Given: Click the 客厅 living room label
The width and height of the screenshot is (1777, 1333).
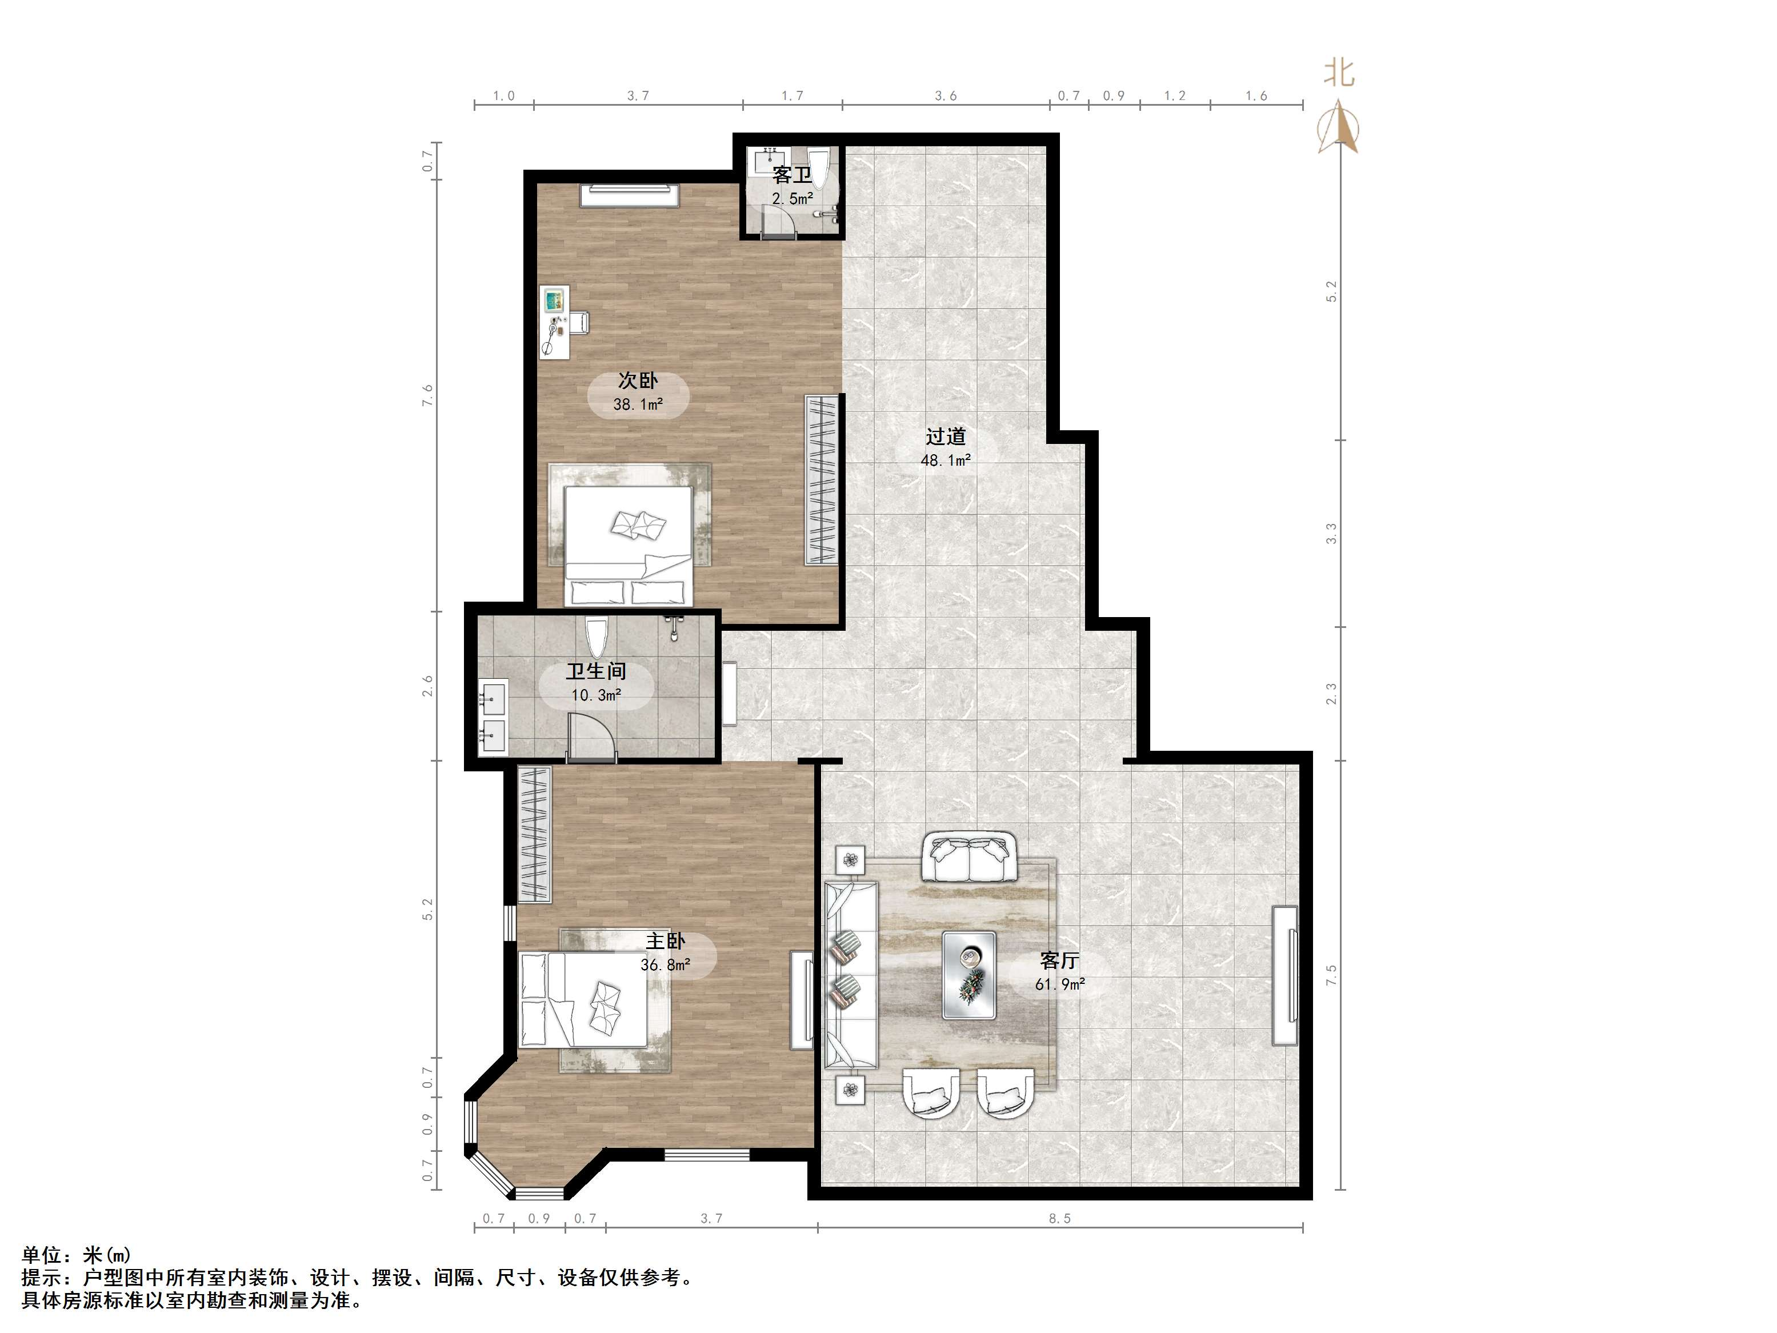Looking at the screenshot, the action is point(1059,960).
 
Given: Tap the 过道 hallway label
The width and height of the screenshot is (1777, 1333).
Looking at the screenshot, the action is point(946,437).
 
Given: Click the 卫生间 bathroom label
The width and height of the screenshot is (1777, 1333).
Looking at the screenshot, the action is point(595,671).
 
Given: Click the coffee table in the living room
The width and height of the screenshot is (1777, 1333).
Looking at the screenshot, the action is point(969,975).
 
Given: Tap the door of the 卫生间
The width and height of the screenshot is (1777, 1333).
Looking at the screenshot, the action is point(591,736).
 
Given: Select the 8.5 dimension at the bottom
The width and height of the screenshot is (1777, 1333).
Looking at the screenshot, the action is point(1059,1218).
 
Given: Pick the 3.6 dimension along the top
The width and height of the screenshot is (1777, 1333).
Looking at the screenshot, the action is point(946,95).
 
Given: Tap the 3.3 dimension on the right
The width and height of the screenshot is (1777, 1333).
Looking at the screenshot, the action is point(1331,534).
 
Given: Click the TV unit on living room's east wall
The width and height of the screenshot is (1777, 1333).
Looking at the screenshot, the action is point(1284,975).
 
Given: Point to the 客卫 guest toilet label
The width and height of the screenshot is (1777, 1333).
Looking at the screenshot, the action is point(792,174).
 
